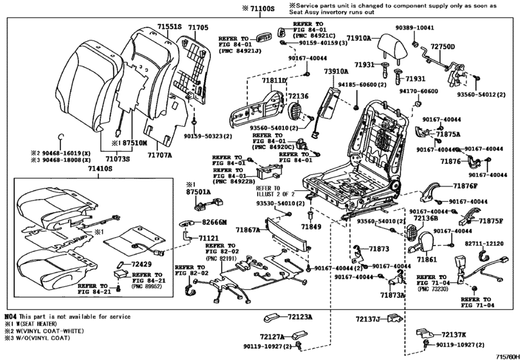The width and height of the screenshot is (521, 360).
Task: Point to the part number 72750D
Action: click(x=443, y=47)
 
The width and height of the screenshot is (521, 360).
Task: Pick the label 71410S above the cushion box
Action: click(x=100, y=168)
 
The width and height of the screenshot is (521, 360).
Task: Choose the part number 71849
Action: click(x=311, y=228)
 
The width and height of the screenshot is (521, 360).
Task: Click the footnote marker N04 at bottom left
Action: click(x=10, y=317)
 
